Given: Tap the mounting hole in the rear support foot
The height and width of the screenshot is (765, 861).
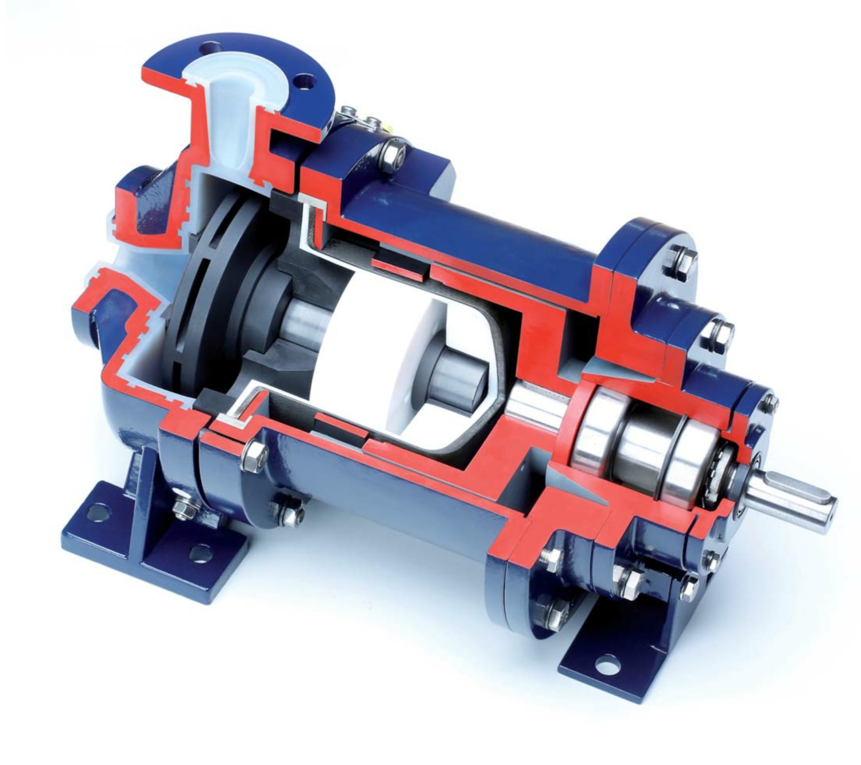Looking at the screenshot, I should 603,666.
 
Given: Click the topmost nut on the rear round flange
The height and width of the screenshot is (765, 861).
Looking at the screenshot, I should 681,260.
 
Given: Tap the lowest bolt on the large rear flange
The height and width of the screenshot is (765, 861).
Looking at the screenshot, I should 557,614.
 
